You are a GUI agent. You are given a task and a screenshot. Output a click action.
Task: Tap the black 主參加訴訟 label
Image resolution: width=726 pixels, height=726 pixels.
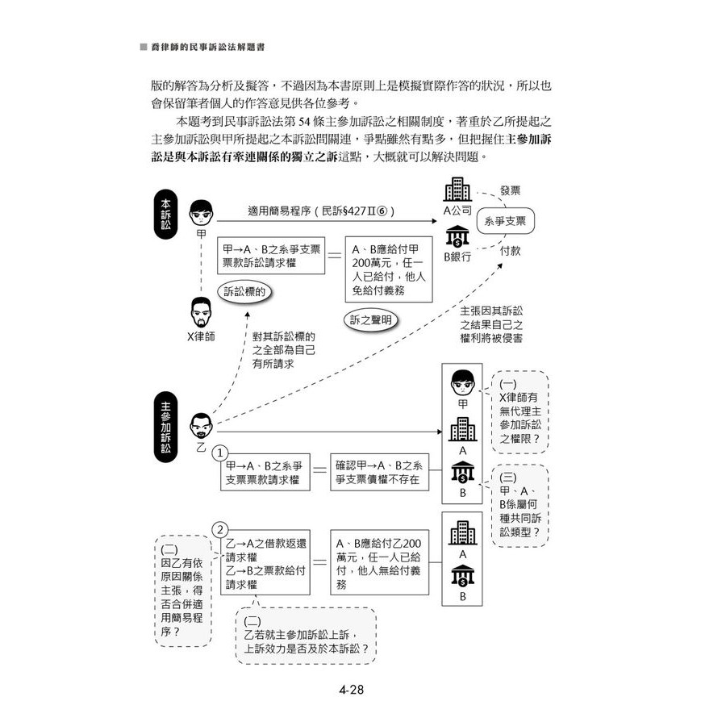click(165, 427)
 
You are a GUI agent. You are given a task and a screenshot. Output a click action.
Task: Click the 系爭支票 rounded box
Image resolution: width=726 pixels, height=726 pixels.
click(509, 219)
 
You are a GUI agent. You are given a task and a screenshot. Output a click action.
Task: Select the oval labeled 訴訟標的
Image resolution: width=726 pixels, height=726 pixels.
click(244, 291)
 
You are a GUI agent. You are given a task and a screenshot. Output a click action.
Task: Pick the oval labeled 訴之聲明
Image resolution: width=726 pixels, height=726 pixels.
click(371, 319)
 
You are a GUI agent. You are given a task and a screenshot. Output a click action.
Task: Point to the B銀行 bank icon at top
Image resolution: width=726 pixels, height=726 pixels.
click(457, 236)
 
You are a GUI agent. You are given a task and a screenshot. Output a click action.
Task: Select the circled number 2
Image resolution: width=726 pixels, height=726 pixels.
click(220, 529)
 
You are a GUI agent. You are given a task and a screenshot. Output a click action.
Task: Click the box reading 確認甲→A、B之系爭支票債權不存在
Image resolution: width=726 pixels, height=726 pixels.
click(379, 472)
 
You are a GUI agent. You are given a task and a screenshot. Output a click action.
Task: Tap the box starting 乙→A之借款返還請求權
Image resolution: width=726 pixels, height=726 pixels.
click(264, 561)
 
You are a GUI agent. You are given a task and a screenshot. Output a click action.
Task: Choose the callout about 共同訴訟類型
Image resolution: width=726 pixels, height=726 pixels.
click(519, 505)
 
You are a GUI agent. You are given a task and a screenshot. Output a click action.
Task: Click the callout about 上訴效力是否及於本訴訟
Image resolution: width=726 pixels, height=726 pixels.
click(307, 635)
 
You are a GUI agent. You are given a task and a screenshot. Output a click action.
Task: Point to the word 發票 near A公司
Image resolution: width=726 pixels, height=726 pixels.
click(510, 191)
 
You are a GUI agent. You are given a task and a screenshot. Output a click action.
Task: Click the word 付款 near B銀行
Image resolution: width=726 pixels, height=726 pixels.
click(510, 251)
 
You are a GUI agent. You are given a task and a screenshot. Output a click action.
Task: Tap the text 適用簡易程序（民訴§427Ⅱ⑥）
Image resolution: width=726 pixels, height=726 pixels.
click(321, 211)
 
